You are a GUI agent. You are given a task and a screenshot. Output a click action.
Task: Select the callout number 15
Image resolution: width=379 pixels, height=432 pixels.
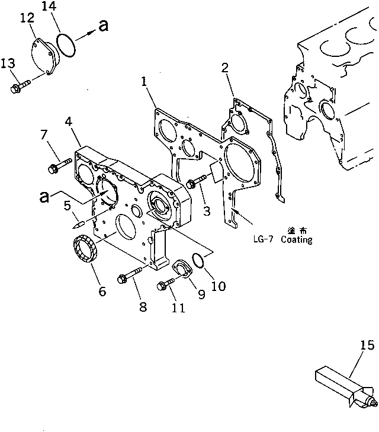[367, 345]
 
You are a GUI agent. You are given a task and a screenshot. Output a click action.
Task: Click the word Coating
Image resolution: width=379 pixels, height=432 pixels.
[297, 241]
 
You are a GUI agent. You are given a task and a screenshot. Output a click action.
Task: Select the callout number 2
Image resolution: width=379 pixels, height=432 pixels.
[225, 67]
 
